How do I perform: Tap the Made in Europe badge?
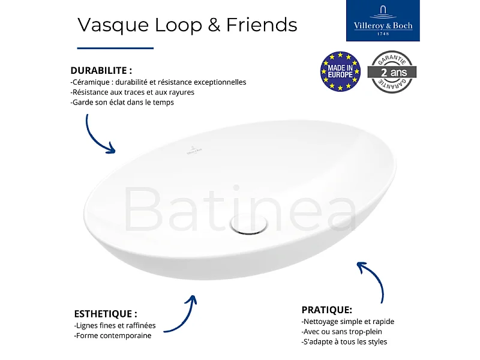tap(340, 71)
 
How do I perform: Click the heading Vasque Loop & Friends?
tap(187, 25)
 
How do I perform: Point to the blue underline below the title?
tap(115, 48)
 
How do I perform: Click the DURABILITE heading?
tap(101, 70)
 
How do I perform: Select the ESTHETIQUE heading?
tap(106, 314)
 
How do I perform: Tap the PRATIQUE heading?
tap(326, 310)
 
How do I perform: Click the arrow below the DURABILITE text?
tap(98, 134)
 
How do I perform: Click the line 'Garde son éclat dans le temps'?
tap(122, 103)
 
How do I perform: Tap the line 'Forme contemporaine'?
tap(112, 335)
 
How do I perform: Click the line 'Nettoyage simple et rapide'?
tap(347, 322)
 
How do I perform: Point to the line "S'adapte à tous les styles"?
tap(344, 342)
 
